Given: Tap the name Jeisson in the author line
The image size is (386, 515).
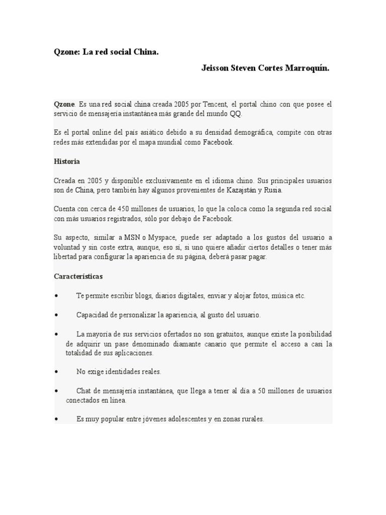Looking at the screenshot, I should [x=216, y=68].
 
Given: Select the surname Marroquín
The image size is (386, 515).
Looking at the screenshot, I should [x=305, y=68].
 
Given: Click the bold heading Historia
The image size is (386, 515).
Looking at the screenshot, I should [x=66, y=162].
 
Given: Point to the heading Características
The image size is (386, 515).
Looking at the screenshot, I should [x=78, y=277].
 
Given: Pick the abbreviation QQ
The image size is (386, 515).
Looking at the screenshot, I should [x=236, y=114].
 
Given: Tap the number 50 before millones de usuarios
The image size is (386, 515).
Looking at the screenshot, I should [x=263, y=391].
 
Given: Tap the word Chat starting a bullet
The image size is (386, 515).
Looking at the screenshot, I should [x=83, y=391].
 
